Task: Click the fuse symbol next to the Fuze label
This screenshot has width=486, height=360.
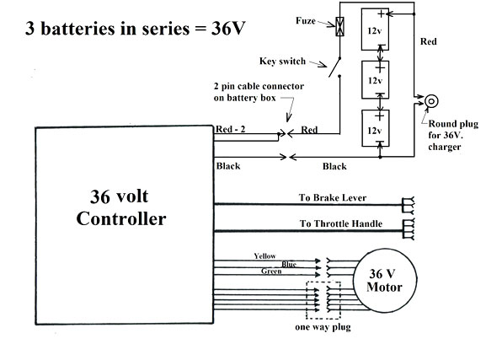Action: coord(339,26)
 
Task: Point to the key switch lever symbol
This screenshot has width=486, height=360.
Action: coord(334,67)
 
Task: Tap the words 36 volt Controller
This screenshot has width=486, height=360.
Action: coord(121,207)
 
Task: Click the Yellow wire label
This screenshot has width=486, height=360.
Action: coord(264,256)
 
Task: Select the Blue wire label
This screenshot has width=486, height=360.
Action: coord(289,264)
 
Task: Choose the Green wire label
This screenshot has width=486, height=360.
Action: coord(271,271)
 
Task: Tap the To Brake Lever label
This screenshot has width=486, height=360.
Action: coord(333,197)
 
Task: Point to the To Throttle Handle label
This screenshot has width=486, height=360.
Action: coord(341,223)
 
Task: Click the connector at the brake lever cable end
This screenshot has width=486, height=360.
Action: coord(408,206)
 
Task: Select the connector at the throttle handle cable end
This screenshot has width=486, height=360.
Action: coord(409,229)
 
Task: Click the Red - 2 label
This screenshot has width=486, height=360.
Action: coord(230,129)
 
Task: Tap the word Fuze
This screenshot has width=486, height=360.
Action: coord(306,21)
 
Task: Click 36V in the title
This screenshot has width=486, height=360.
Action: coord(228,28)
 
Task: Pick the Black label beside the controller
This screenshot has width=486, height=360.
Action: coord(228,166)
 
